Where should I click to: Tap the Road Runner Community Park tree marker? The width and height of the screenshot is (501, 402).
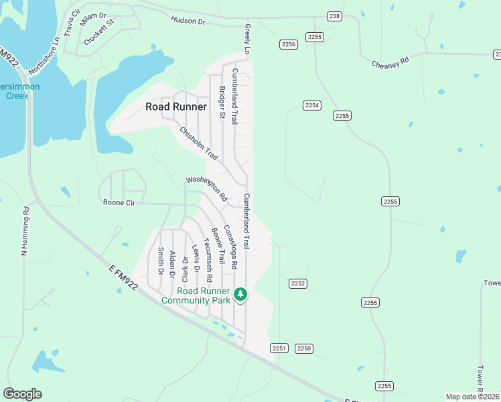tap(240, 293)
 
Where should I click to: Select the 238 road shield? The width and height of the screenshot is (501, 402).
tap(334, 16)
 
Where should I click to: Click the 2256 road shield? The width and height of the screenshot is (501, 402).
tap(288, 44)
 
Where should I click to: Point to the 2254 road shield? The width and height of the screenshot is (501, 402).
tap(311, 105)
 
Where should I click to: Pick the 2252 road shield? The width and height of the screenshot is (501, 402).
tap(298, 283)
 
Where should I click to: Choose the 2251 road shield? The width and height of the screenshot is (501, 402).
tap(279, 348)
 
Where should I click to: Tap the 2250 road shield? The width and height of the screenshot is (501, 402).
tap(304, 348)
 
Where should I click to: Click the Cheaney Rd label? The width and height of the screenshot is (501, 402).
tap(390, 62)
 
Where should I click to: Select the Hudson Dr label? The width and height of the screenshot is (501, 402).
tap(188, 21)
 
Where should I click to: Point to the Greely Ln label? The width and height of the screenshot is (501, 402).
tap(246, 40)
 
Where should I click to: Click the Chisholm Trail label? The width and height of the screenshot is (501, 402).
tap(199, 143)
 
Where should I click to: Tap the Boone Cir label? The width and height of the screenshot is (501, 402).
tap(119, 202)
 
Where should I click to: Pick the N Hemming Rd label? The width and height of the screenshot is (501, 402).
tap(25, 230)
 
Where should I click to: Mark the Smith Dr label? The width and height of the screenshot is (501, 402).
tap(161, 261)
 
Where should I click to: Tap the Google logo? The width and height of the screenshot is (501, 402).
tap(22, 393)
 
